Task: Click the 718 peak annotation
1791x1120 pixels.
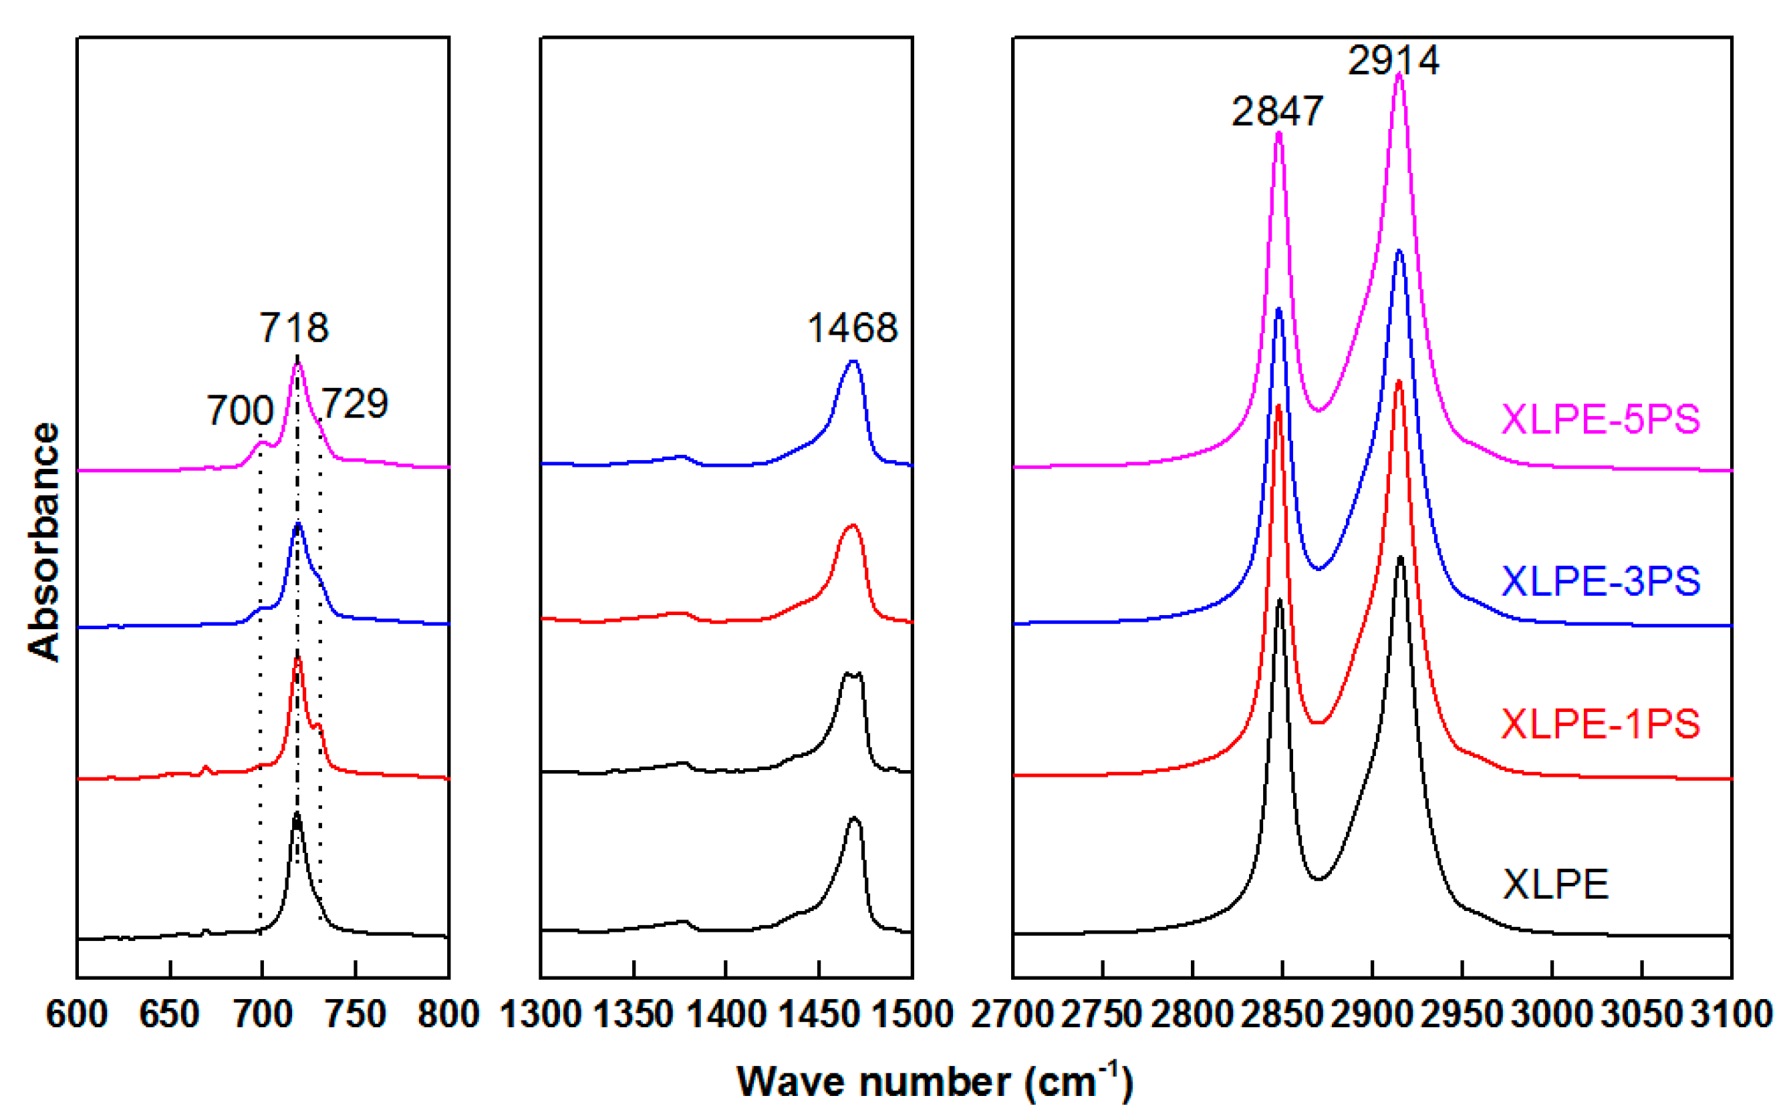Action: pyautogui.click(x=294, y=327)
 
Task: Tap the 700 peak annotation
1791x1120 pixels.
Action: pyautogui.click(x=240, y=410)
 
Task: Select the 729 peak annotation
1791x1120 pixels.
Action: pyautogui.click(x=354, y=403)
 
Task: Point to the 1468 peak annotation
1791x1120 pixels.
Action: pyautogui.click(x=852, y=327)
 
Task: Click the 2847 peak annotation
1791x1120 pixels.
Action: pyautogui.click(x=1276, y=111)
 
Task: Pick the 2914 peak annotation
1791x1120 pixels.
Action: pyautogui.click(x=1393, y=60)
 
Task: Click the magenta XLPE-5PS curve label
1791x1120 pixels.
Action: pyautogui.click(x=1601, y=419)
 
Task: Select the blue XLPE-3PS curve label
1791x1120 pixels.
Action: pyautogui.click(x=1601, y=582)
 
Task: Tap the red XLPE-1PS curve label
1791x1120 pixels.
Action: pyautogui.click(x=1601, y=724)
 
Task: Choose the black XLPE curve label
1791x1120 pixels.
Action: pyautogui.click(x=1555, y=884)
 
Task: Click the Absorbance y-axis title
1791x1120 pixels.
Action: pyautogui.click(x=43, y=542)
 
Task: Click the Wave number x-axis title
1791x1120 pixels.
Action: pyautogui.click(x=934, y=1081)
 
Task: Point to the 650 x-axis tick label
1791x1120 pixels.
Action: pyautogui.click(x=170, y=1014)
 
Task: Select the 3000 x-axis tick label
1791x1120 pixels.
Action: pyautogui.click(x=1552, y=1014)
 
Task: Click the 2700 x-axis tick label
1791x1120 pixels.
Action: pyautogui.click(x=1013, y=1014)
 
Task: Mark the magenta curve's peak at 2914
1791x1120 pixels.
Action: pyautogui.click(x=1399, y=73)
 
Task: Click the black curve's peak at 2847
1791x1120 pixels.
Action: pyautogui.click(x=1279, y=600)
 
